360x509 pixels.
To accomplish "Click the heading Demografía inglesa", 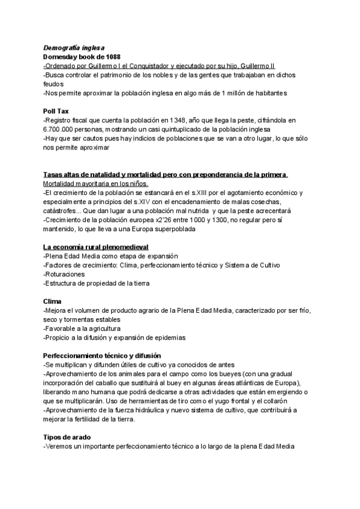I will pyautogui.click(x=74, y=47).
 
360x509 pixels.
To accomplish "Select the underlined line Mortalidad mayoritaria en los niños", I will pyautogui.click(x=95, y=183).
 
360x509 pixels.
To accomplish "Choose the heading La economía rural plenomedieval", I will pyautogui.click(x=95, y=247).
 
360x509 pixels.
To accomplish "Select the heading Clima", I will pyautogui.click(x=53, y=301).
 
